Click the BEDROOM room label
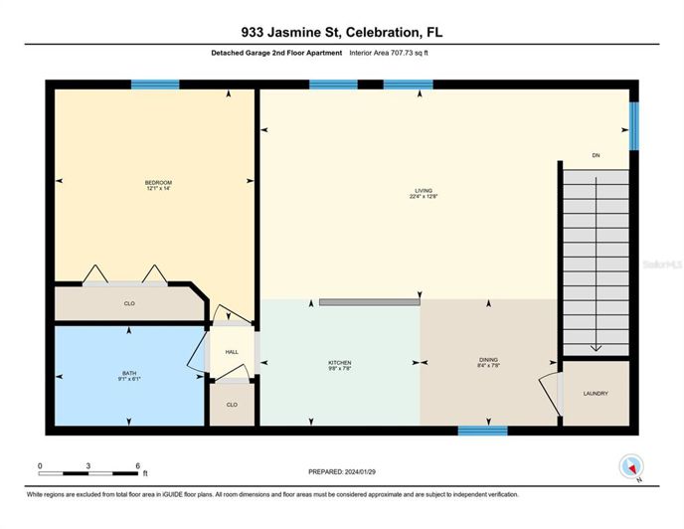[x=158, y=183]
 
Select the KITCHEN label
[x=340, y=363]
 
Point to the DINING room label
[x=487, y=361]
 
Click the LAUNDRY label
[x=596, y=394]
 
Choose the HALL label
[x=231, y=351]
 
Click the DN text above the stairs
[x=596, y=156]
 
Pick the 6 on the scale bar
[x=137, y=464]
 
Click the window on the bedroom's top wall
[x=155, y=85]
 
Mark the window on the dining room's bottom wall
[x=482, y=431]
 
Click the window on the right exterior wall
[x=633, y=124]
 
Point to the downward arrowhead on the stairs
[x=596, y=346]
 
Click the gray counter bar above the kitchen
[x=369, y=300]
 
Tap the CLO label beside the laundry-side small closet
[x=232, y=405]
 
